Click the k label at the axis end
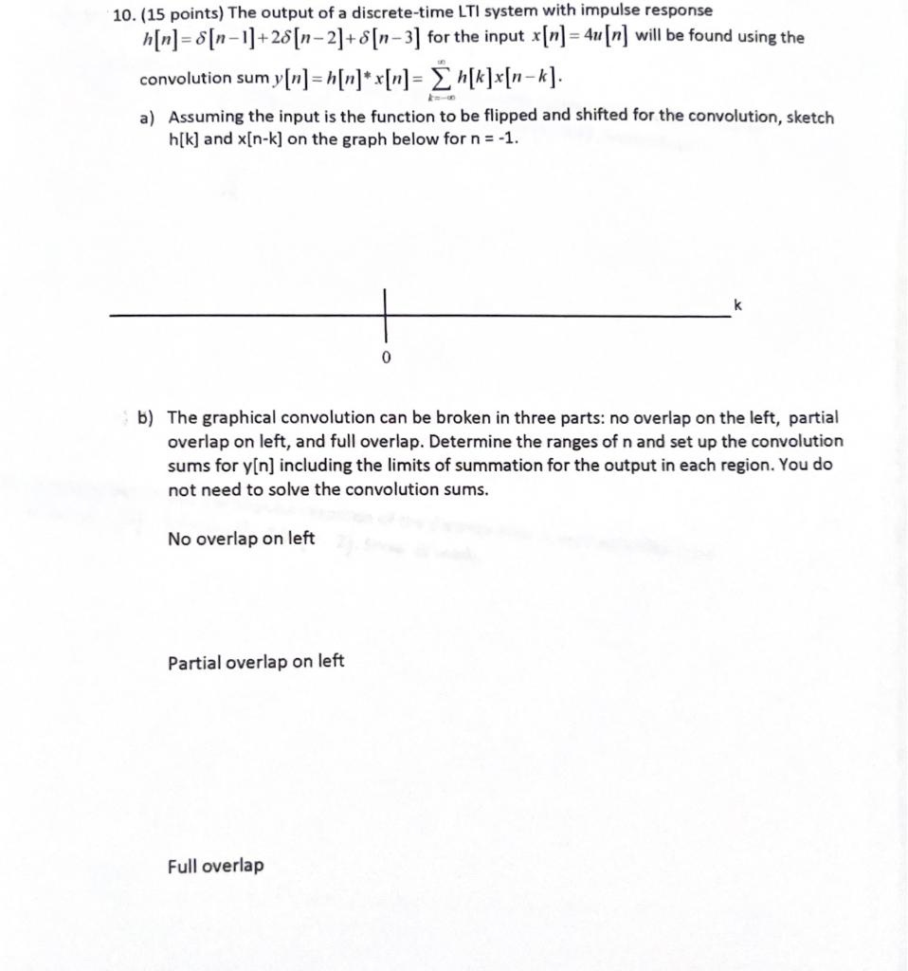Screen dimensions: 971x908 [736, 303]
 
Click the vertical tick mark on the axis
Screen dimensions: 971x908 [386, 315]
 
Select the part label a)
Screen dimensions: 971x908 [148, 119]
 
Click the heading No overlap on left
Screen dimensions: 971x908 [241, 539]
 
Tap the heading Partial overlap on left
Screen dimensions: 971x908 [256, 662]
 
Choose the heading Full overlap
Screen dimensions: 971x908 [216, 865]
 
